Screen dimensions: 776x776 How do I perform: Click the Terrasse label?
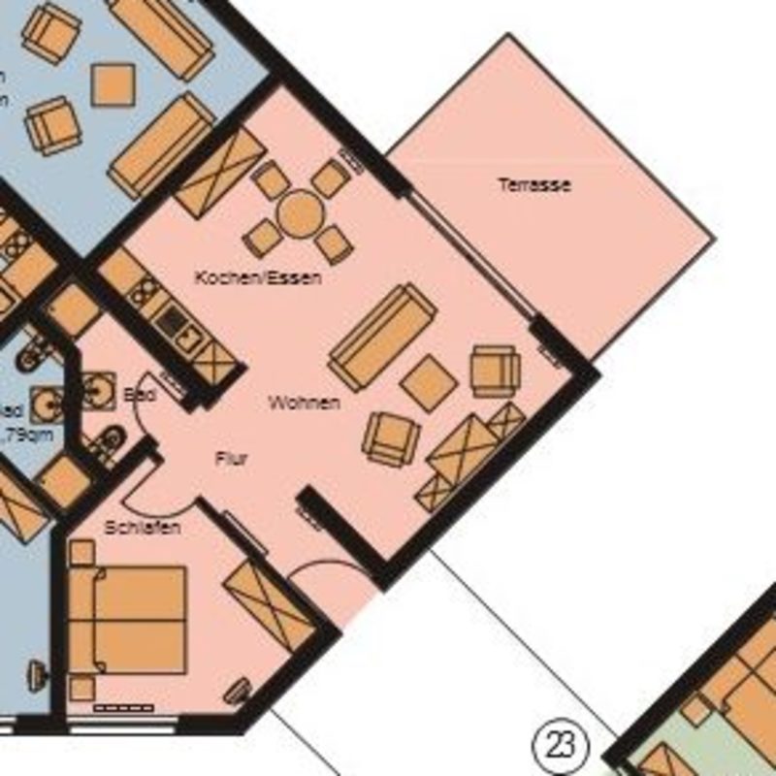(x=534, y=184)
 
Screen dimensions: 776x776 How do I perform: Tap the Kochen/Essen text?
(x=258, y=278)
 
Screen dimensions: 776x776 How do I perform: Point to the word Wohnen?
(x=305, y=403)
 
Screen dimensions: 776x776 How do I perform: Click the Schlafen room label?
(x=144, y=528)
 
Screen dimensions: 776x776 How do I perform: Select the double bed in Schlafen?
(x=127, y=620)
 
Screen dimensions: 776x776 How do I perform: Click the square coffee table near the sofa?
(x=429, y=382)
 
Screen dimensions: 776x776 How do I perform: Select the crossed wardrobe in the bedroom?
(x=269, y=607)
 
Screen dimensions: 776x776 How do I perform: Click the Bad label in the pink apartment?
(x=140, y=396)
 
